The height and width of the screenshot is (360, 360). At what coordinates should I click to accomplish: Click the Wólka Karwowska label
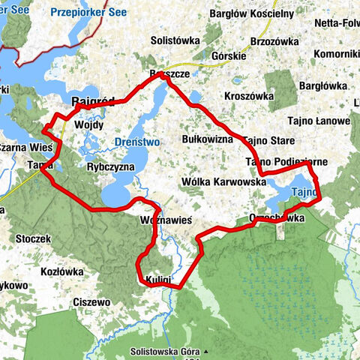(x=224, y=181)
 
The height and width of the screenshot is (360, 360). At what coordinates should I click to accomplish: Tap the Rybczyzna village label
(x=110, y=166)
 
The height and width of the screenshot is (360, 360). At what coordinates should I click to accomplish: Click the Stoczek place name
(x=33, y=238)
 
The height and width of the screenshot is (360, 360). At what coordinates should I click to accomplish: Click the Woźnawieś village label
(x=166, y=220)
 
